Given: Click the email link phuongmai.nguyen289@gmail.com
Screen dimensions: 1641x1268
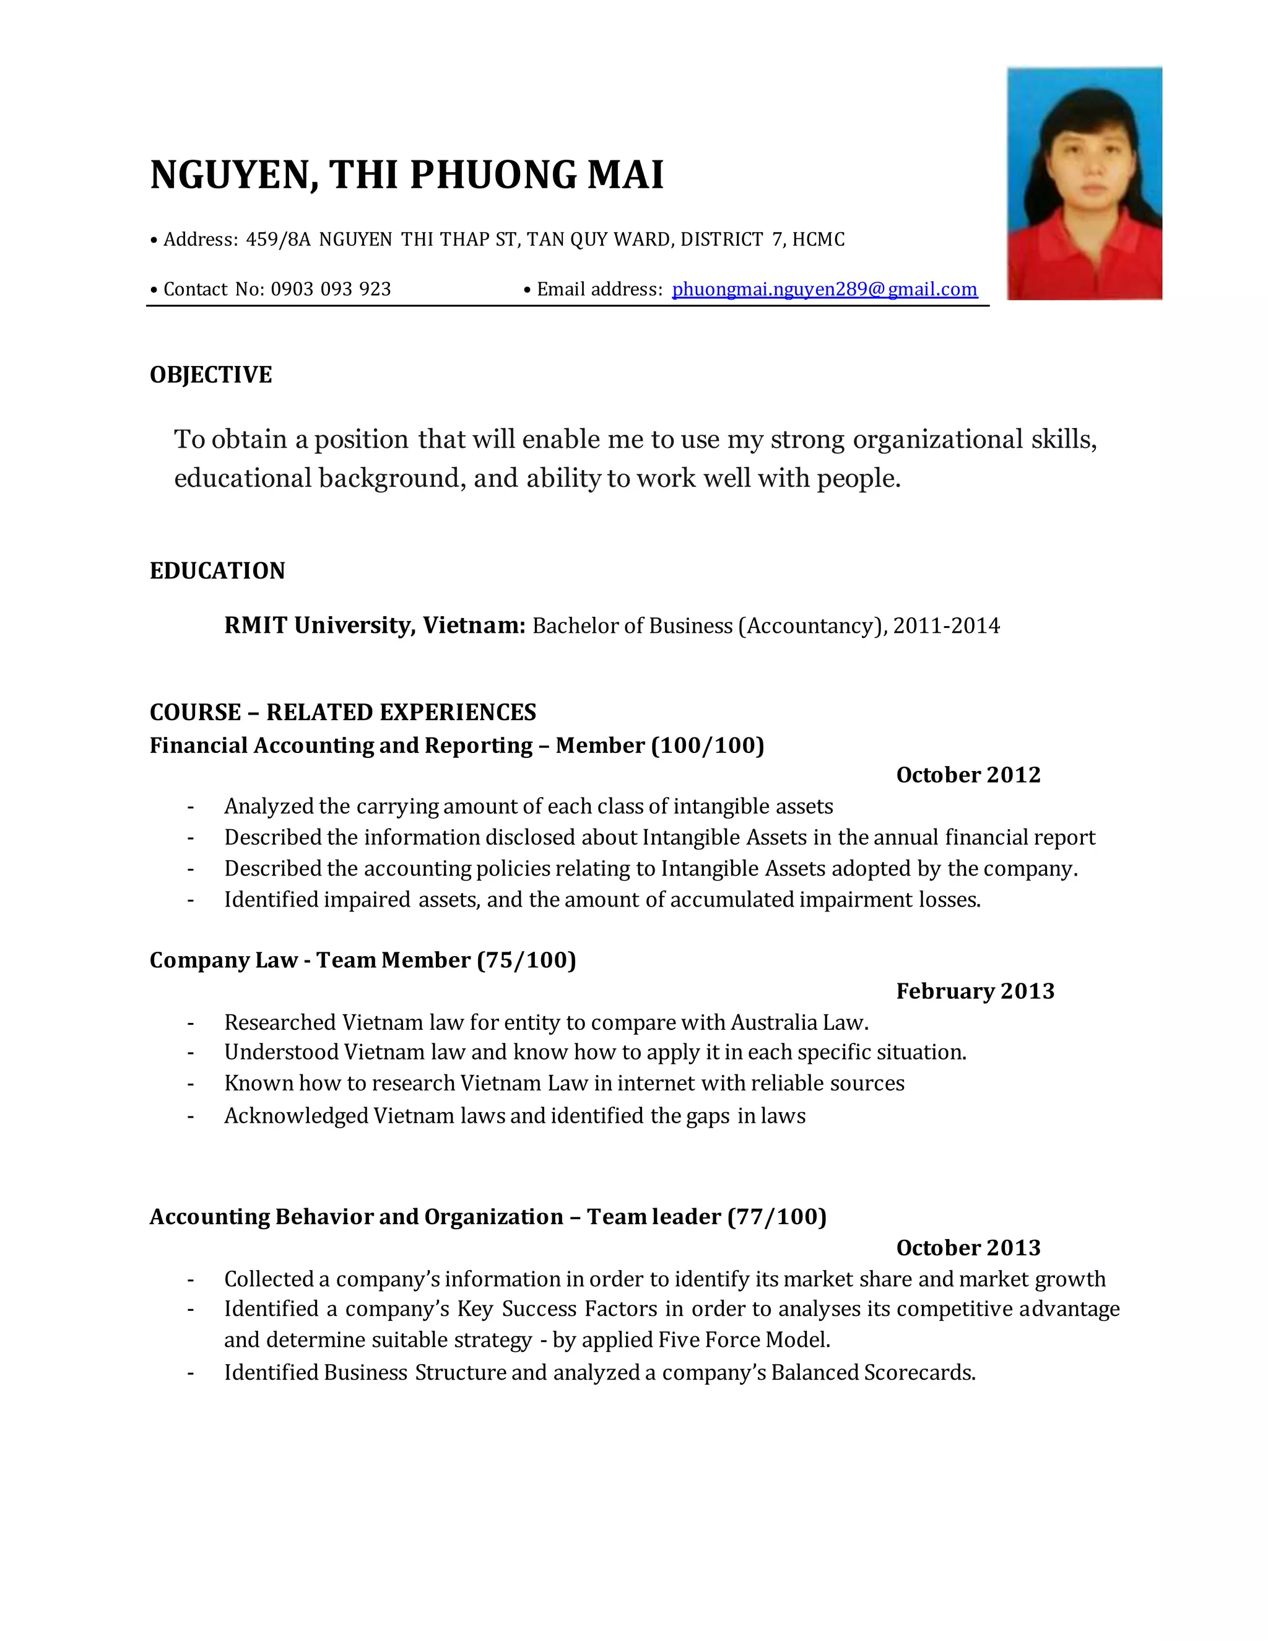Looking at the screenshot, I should click(x=824, y=289).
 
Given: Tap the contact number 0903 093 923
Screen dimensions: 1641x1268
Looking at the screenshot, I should click(x=331, y=289).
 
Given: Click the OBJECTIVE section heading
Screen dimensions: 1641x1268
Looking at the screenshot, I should click(x=211, y=374).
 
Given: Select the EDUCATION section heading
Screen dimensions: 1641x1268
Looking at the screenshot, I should click(x=217, y=570).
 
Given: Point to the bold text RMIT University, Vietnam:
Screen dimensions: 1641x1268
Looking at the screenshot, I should click(x=374, y=625).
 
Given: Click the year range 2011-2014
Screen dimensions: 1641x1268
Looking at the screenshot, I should click(x=946, y=626).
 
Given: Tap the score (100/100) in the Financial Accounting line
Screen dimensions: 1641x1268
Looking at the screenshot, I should click(x=707, y=746).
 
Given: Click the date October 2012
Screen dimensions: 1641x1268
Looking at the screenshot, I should click(x=968, y=775).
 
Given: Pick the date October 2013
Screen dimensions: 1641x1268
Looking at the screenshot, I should click(x=968, y=1247).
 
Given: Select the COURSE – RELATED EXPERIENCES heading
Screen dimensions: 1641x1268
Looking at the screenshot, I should click(x=342, y=712).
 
